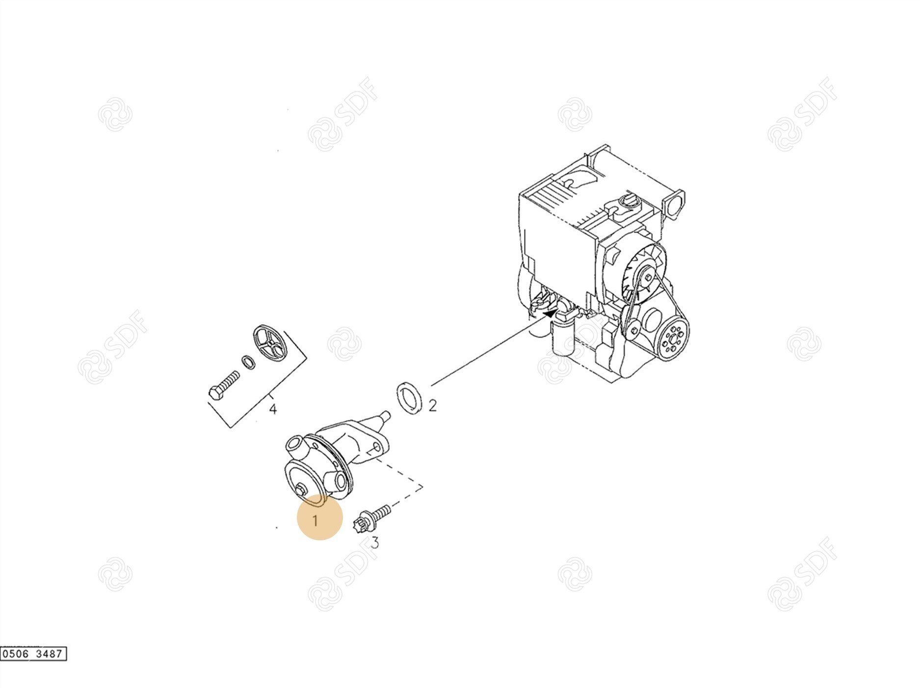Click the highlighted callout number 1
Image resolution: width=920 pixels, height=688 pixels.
tap(315, 520)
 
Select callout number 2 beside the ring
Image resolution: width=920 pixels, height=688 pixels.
tap(432, 405)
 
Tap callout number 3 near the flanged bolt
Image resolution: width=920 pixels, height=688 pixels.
tap(375, 542)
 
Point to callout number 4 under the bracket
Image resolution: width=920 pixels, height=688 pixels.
tap(273, 408)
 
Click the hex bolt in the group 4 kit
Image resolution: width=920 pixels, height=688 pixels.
tap(224, 386)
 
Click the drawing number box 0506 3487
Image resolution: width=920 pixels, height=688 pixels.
tap(33, 654)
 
